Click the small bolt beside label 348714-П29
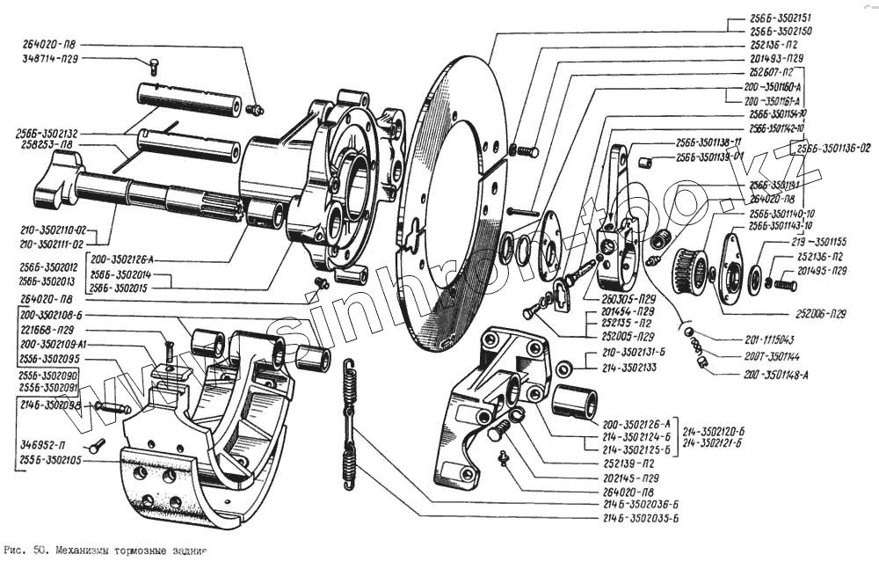pyautogui.click(x=152, y=64)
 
